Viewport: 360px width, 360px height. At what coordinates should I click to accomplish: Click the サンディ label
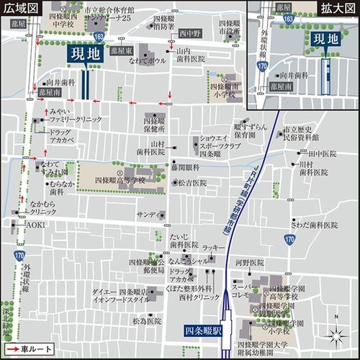(148, 215)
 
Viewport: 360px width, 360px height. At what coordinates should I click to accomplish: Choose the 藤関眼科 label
(185, 166)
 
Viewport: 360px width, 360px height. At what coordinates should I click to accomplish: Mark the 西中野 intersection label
(189, 33)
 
